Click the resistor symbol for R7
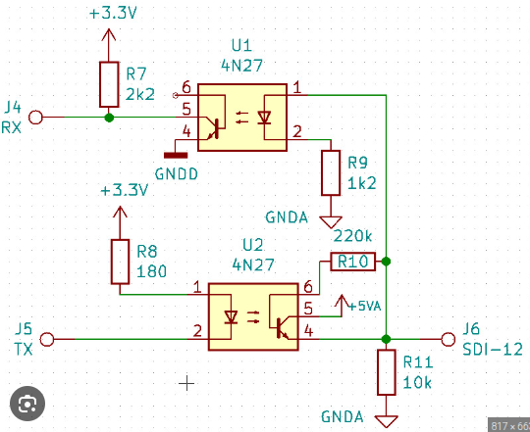point(108,84)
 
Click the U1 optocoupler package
point(242,117)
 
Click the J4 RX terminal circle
point(36,118)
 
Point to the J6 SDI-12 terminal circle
point(449,339)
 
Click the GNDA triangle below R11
point(388,420)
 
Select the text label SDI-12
point(492,349)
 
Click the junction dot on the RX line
point(108,118)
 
